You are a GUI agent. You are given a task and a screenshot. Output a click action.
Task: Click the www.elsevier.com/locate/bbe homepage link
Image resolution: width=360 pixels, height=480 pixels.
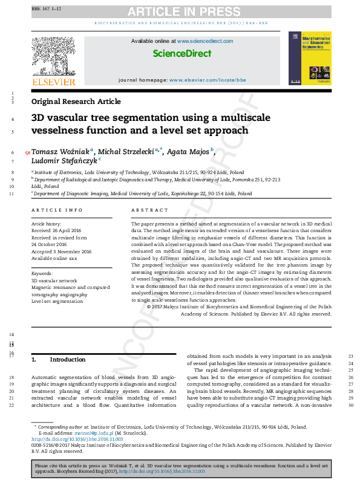(208, 80)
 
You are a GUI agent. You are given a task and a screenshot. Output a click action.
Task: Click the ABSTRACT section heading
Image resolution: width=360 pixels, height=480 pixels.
(149, 210)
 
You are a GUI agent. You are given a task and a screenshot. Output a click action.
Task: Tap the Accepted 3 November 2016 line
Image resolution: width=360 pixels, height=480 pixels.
(61, 251)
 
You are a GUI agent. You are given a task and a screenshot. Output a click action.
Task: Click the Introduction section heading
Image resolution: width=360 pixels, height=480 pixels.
(67, 360)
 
